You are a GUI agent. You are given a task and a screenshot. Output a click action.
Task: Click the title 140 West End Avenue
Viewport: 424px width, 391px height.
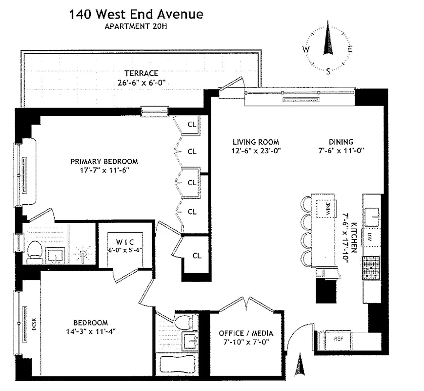(x=136, y=14)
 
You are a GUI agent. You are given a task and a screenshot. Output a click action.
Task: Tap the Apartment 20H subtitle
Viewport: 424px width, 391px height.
(x=136, y=26)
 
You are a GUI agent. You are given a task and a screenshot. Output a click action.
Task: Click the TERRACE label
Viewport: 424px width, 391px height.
(x=141, y=73)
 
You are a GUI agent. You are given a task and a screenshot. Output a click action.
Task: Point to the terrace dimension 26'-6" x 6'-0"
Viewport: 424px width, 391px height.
(x=141, y=83)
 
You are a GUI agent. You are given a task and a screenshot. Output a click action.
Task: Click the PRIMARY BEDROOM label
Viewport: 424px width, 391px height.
(x=104, y=161)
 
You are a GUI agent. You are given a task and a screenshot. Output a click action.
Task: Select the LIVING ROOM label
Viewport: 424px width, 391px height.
(x=255, y=142)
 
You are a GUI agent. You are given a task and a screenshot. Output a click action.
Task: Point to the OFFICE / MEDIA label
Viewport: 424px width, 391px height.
(x=246, y=333)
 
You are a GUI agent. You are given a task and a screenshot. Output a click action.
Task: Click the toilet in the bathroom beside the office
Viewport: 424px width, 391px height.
(x=184, y=322)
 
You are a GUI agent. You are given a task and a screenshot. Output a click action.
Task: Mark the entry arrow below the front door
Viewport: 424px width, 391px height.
(x=300, y=366)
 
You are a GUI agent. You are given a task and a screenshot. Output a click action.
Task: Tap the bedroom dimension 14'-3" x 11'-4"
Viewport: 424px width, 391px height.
(x=91, y=331)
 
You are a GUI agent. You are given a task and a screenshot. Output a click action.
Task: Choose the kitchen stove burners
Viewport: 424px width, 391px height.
(x=372, y=269)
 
